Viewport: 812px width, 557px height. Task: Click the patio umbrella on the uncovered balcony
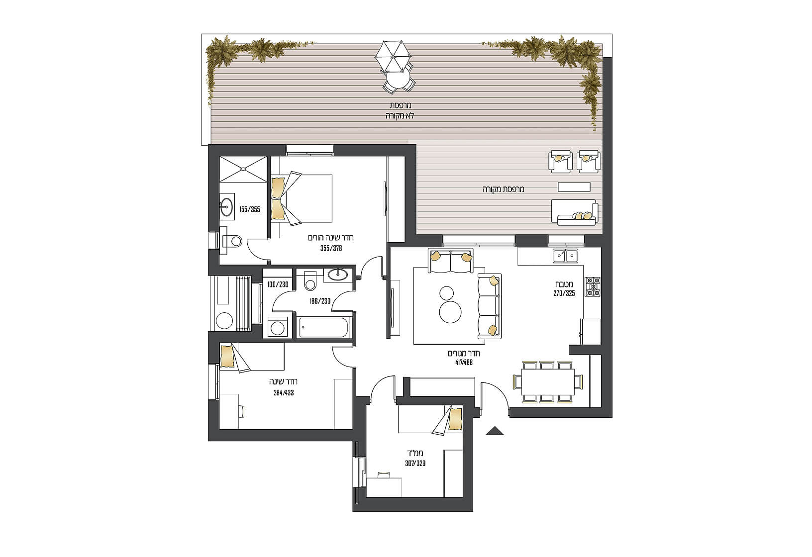(393, 56)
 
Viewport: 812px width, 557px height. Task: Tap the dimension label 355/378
(331, 248)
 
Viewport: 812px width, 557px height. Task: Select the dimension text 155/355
(250, 209)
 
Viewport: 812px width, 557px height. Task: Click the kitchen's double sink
(566, 256)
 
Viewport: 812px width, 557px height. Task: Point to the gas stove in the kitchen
(593, 286)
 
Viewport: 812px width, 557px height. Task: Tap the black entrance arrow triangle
(495, 431)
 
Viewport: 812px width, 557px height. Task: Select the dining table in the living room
(548, 382)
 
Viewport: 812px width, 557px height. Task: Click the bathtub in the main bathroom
(324, 328)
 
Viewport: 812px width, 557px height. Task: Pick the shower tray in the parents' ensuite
(243, 169)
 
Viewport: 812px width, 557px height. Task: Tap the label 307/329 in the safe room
(415, 463)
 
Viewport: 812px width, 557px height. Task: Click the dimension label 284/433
(284, 392)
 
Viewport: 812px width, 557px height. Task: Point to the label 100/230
(278, 284)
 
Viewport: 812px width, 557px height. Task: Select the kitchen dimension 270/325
(564, 293)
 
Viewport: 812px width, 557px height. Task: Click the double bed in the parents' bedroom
(302, 198)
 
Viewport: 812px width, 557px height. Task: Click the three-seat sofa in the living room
(490, 305)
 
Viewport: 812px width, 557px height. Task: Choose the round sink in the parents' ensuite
(226, 207)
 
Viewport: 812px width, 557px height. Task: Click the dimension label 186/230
(320, 301)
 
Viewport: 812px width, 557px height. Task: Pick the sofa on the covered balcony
(575, 212)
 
